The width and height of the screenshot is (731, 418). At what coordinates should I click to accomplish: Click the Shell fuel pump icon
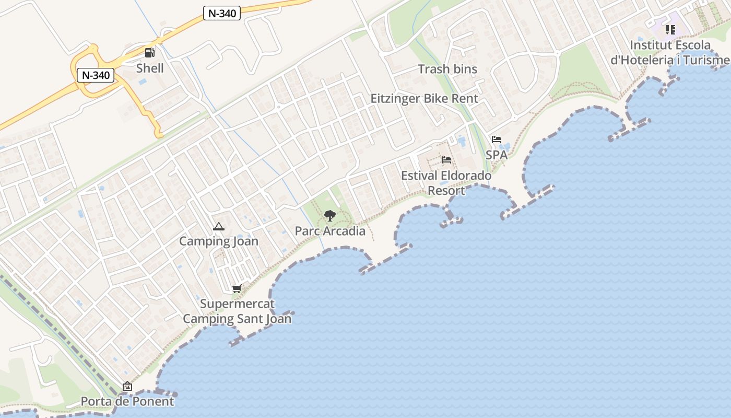[x=150, y=52]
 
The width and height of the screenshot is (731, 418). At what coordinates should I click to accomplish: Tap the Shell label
[x=150, y=68]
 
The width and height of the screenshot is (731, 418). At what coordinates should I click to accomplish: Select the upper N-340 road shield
[x=221, y=14]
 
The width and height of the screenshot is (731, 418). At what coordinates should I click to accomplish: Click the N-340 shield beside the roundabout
[x=96, y=75]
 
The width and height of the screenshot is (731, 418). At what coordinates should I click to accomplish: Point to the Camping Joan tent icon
[x=219, y=227]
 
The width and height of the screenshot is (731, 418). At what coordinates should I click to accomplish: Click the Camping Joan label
[x=219, y=241]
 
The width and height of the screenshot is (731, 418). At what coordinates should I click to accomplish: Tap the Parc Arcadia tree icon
[x=329, y=215]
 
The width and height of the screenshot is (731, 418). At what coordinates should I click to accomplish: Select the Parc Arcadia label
[x=330, y=231]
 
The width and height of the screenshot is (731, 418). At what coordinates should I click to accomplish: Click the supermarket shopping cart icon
[x=237, y=288]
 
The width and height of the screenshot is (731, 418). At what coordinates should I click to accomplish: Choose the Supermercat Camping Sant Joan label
[x=237, y=311]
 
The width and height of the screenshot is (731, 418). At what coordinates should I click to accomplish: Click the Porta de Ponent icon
[x=127, y=387]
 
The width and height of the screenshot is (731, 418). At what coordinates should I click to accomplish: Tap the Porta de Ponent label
[x=127, y=401]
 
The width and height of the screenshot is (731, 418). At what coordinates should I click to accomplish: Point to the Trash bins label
[x=447, y=69]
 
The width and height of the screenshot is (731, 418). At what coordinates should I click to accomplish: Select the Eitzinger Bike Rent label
[x=424, y=98]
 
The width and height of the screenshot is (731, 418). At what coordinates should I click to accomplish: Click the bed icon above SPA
[x=497, y=140]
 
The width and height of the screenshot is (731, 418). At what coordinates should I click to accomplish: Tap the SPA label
[x=497, y=155]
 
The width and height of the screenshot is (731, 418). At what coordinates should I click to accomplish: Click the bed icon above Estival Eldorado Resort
[x=446, y=160]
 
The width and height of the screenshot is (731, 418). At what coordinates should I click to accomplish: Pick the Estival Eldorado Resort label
[x=446, y=183]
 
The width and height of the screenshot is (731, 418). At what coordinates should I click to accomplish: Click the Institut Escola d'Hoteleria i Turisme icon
[x=670, y=30]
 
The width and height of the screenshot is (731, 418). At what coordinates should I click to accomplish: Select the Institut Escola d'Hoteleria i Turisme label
[x=670, y=52]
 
